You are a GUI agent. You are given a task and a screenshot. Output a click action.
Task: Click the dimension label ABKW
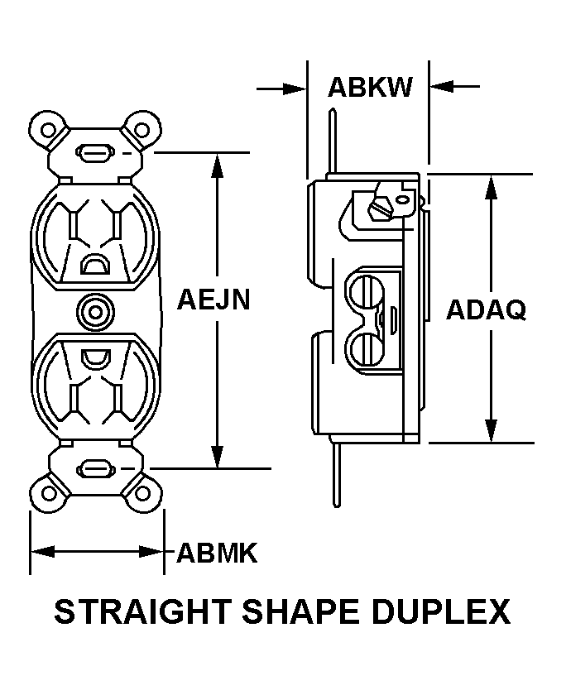[370, 87]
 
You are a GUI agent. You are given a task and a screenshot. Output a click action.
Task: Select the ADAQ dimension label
[486, 310]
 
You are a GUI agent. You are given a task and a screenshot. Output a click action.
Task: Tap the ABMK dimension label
[218, 553]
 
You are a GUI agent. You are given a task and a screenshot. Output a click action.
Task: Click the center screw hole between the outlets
[96, 313]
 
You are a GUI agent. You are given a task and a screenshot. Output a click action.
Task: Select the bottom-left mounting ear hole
[49, 495]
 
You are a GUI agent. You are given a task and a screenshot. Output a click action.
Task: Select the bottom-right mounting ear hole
[143, 495]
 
